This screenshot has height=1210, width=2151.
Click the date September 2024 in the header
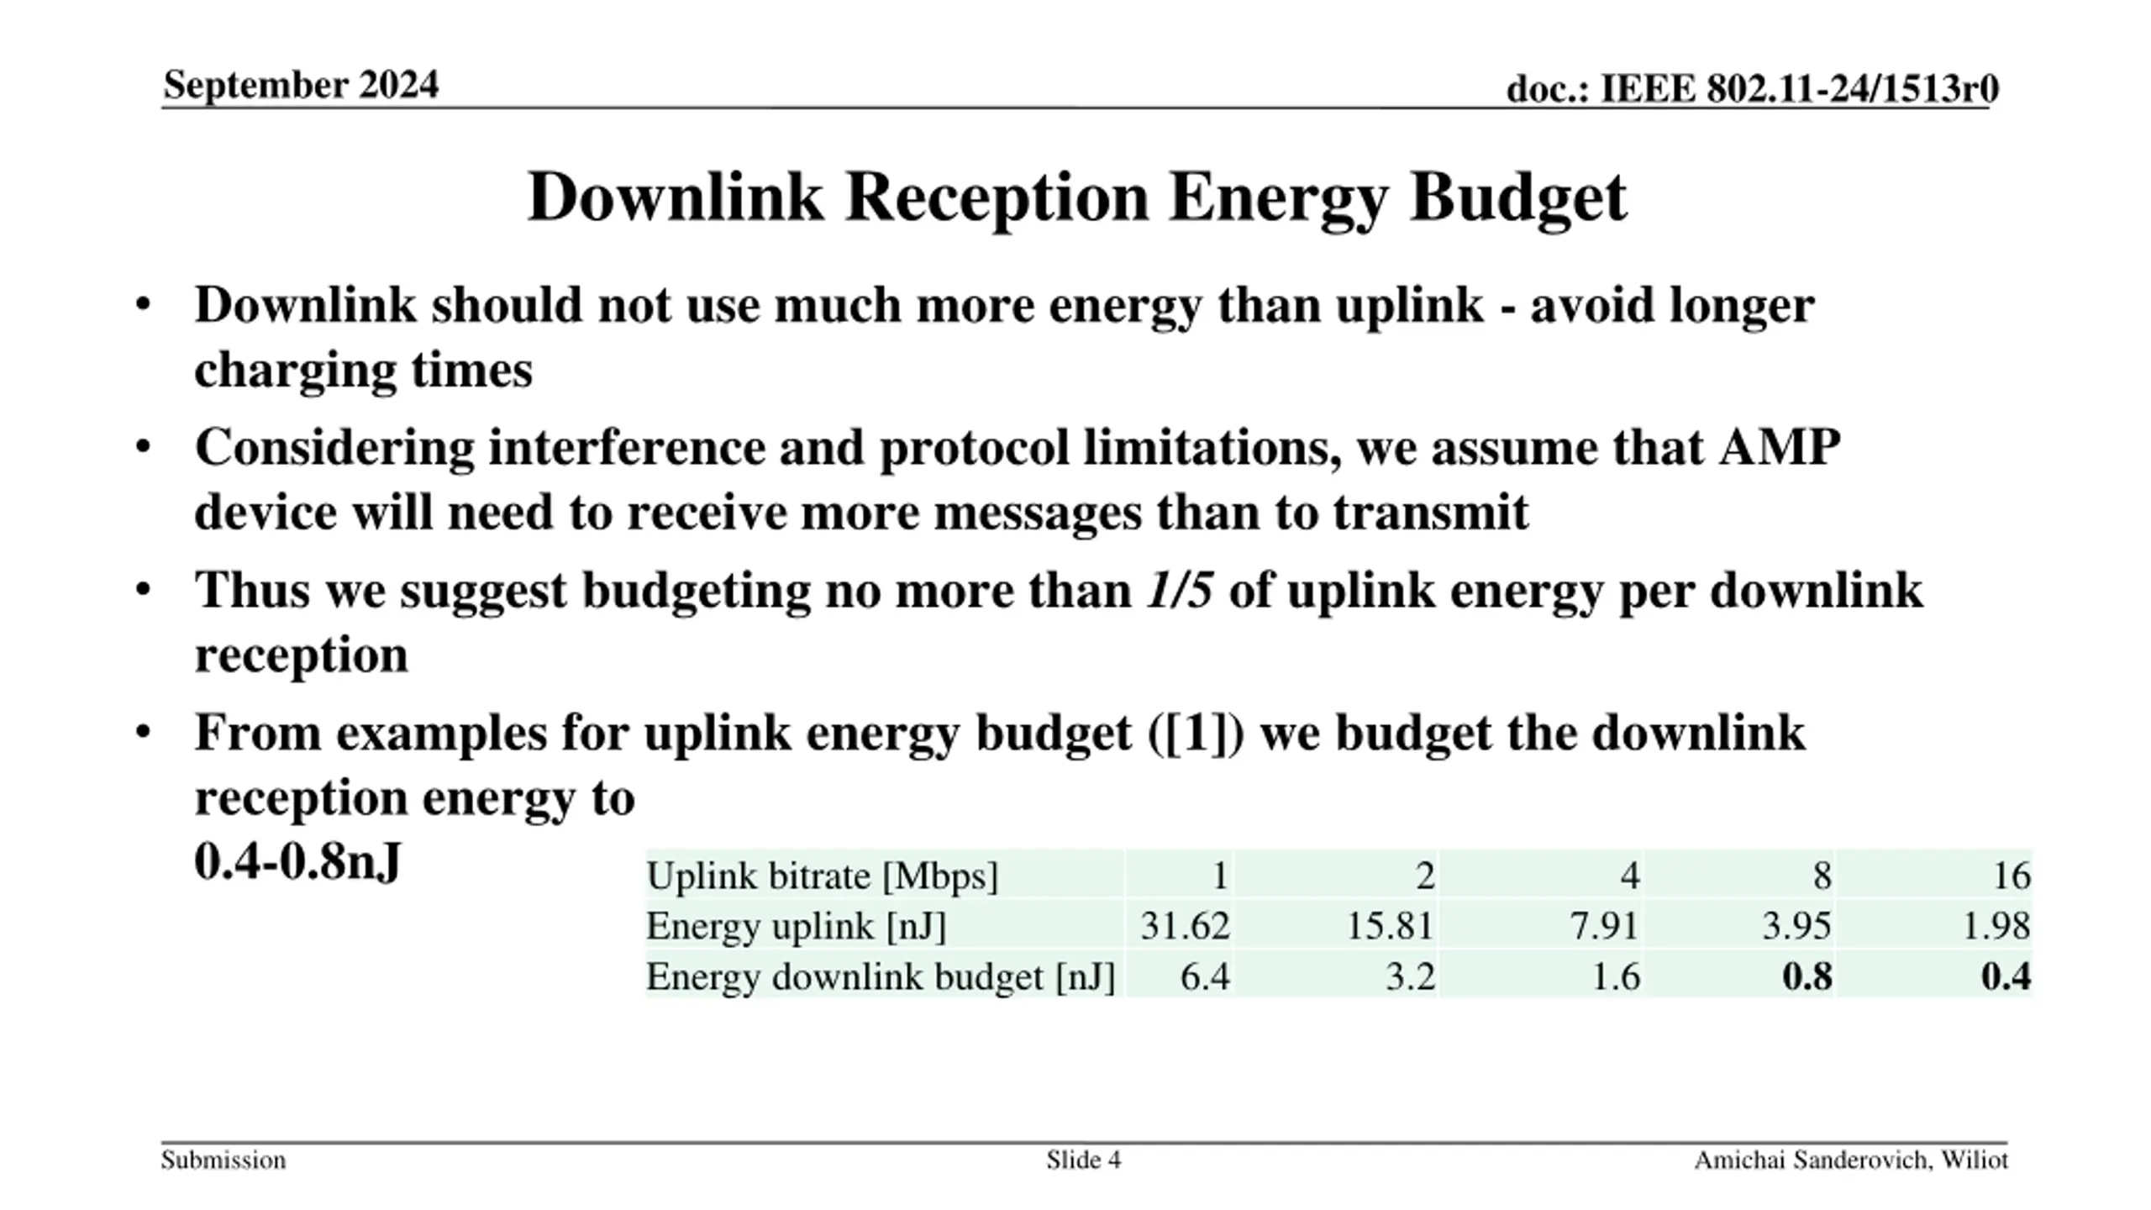coord(301,85)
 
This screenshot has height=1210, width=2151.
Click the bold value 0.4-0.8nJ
coord(297,862)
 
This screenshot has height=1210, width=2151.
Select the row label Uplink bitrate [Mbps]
coord(822,876)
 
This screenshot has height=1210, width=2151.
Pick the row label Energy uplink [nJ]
coord(796,926)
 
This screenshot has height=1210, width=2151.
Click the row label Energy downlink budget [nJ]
coord(880,976)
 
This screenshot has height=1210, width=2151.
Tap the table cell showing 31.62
coord(1185,926)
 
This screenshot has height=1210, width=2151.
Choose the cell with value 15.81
coord(1390,926)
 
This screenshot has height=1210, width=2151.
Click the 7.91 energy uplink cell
coord(1604,926)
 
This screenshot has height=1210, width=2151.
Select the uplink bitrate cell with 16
coord(2012,876)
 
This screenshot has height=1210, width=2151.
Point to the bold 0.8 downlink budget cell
coord(1807,976)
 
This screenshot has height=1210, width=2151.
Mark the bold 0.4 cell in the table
coord(2006,976)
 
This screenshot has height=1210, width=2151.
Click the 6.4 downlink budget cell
coord(1205,976)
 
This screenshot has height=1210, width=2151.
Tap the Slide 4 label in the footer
coord(1083,1160)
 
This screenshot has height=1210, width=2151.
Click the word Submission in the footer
coord(224,1160)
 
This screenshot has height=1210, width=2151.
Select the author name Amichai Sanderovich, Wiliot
coord(1851,1160)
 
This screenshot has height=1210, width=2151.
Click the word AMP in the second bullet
coord(1780,447)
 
